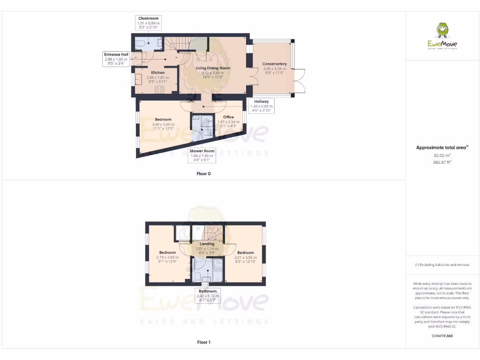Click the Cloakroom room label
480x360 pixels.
pyautogui.click(x=148, y=19)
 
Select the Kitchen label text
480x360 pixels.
pyautogui.click(x=157, y=73)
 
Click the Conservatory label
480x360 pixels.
pyautogui.click(x=274, y=64)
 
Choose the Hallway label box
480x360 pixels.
pyautogui.click(x=261, y=101)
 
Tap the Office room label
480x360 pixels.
pyautogui.click(x=228, y=117)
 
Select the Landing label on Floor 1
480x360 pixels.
pyautogui.click(x=207, y=244)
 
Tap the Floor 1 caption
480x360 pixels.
pyautogui.click(x=203, y=342)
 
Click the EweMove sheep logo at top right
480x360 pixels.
pyautogui.click(x=442, y=32)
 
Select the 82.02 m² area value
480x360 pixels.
pyautogui.click(x=442, y=155)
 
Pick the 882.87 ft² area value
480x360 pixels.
pyautogui.click(x=442, y=162)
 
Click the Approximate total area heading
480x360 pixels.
pyautogui.click(x=442, y=148)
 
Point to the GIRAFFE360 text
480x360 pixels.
pyautogui.click(x=442, y=336)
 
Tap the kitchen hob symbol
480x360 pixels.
pyautogui.click(x=159, y=89)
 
